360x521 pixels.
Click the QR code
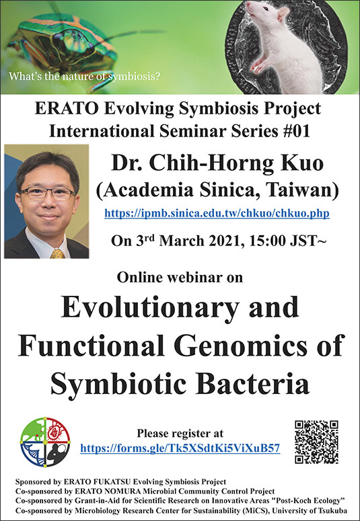(x=316, y=442)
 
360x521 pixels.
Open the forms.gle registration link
(x=180, y=448)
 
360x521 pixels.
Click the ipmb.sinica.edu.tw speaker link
(x=217, y=212)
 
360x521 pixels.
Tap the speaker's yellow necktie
(x=57, y=253)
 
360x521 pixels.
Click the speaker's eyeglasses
(x=47, y=193)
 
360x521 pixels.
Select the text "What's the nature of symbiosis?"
(x=84, y=76)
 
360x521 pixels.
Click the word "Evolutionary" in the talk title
(x=150, y=308)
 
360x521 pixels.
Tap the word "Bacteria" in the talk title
(x=252, y=383)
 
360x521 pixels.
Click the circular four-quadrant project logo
(x=45, y=442)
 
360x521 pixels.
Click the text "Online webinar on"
(x=180, y=277)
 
